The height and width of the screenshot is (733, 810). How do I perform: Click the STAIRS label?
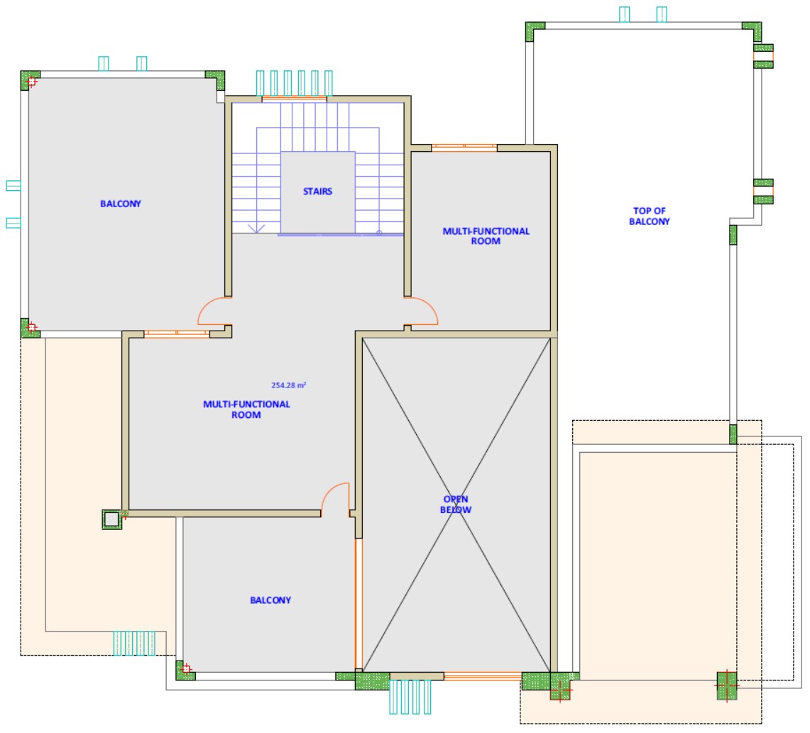(x=317, y=192)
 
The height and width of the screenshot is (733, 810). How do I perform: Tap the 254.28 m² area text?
(x=289, y=385)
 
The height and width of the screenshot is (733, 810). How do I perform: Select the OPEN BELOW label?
(x=456, y=505)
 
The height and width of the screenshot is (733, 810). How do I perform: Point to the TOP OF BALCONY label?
(x=650, y=216)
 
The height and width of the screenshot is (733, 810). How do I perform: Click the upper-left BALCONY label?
(x=121, y=204)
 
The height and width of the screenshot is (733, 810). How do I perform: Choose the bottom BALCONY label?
(x=270, y=600)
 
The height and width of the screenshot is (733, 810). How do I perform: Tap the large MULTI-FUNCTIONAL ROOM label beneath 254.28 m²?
(x=246, y=409)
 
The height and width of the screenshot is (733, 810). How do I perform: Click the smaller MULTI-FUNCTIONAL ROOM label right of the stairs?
(x=486, y=236)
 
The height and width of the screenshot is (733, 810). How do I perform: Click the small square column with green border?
(x=111, y=519)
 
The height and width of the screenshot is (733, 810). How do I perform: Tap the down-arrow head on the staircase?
(x=256, y=228)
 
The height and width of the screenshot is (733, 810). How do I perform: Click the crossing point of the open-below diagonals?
(x=456, y=505)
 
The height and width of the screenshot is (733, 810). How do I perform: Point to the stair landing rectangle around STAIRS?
(x=318, y=192)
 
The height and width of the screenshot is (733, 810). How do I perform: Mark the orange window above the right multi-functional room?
(x=464, y=148)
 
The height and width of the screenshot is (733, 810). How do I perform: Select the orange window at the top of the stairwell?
(x=295, y=98)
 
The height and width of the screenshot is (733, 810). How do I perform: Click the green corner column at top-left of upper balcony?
(x=30, y=80)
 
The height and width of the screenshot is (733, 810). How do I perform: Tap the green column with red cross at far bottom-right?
(x=727, y=685)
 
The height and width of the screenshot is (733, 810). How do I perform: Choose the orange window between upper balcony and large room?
(x=177, y=334)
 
